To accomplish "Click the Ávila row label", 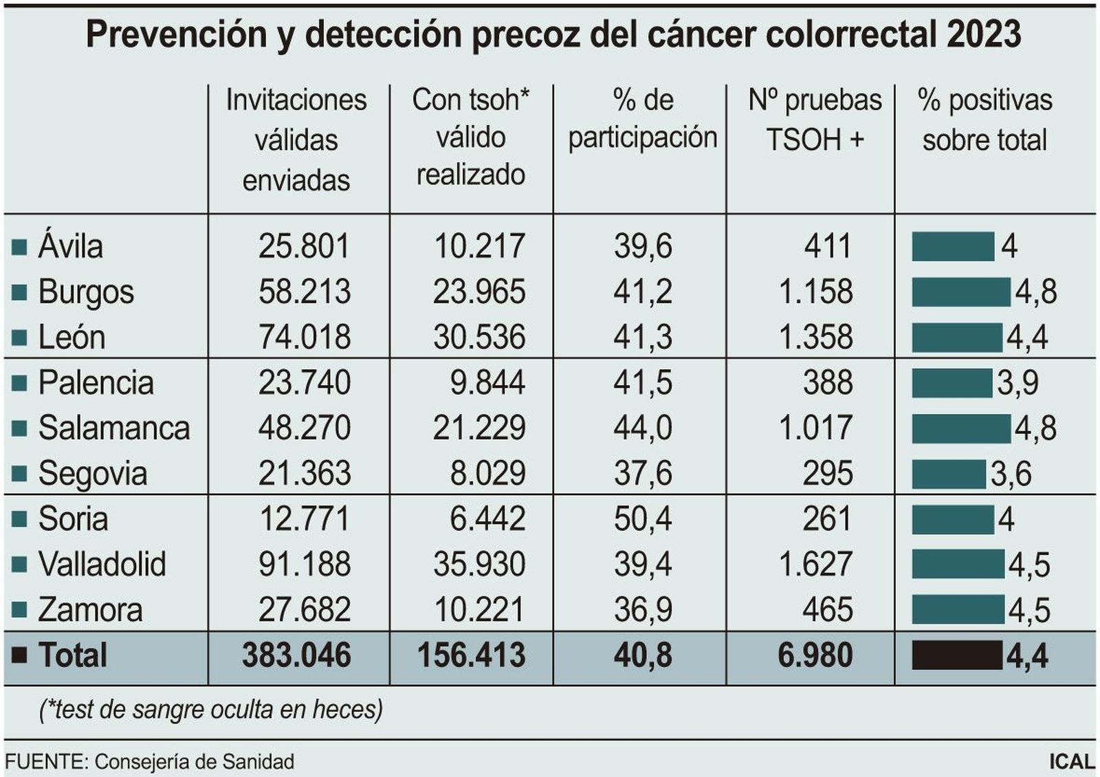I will (70, 246).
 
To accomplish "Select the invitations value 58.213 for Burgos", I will (305, 292).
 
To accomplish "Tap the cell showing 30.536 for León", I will (479, 337).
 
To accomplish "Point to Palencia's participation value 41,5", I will (643, 382).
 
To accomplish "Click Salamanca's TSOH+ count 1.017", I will (815, 428).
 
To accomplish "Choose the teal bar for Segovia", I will (948, 474).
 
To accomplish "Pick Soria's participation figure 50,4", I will (643, 518).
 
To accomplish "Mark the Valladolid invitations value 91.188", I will (305, 564).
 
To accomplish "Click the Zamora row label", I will (90, 610).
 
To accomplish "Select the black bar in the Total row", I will (956, 655).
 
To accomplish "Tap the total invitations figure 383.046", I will (296, 655).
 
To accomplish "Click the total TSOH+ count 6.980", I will (815, 655).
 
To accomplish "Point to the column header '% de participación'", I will (643, 119).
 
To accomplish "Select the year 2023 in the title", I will (984, 34).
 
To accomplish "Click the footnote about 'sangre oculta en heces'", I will (211, 709).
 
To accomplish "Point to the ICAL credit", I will (1071, 762).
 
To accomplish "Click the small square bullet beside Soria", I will (19, 519).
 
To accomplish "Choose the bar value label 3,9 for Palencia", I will (1017, 383).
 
